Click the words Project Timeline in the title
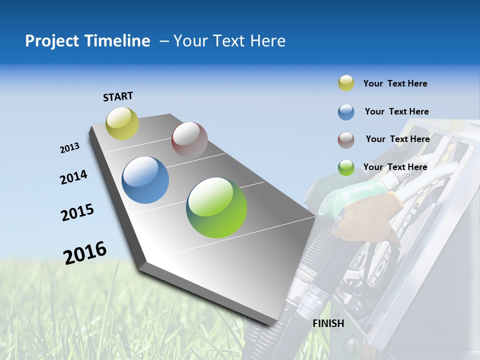point(87,41)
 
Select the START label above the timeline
point(118,96)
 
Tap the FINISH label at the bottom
point(328,323)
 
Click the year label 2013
point(69,148)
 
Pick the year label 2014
point(73,177)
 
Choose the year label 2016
point(85,252)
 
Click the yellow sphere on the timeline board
point(122,123)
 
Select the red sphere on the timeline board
point(189,140)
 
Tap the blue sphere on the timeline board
point(145,180)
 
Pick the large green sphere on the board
point(216,207)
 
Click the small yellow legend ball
point(346,83)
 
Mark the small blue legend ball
point(346,112)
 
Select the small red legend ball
point(346,139)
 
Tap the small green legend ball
point(346,167)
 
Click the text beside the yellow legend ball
point(395,83)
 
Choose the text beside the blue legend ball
point(396,111)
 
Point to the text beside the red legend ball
point(397,139)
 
